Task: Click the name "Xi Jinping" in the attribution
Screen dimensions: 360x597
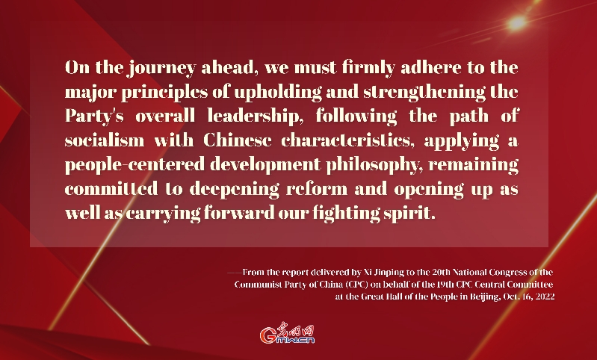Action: pyautogui.click(x=373, y=272)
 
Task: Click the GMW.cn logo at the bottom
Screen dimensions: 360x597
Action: pyautogui.click(x=288, y=335)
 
